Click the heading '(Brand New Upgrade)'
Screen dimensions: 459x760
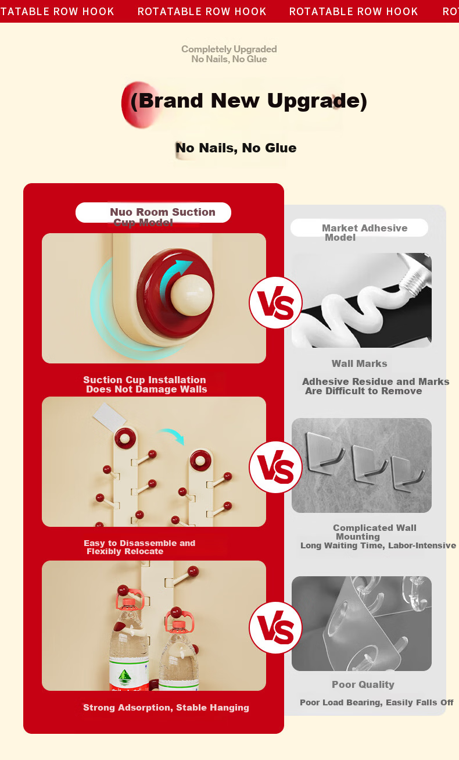249,101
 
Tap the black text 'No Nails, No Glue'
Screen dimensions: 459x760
236,148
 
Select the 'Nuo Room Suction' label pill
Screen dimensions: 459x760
153,213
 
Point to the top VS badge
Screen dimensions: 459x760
275,302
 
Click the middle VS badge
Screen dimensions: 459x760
275,467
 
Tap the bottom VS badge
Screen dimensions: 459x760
275,627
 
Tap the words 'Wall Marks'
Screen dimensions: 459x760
359,363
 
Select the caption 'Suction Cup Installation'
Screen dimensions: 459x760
145,380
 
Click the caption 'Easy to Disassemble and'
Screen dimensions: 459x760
139,543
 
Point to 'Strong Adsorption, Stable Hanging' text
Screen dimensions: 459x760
166,708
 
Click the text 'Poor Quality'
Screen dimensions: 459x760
363,684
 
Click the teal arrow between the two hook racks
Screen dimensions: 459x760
172,436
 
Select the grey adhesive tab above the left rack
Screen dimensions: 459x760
109,418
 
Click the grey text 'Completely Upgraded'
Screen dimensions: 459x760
229,49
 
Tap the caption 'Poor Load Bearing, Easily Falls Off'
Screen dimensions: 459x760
376,702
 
